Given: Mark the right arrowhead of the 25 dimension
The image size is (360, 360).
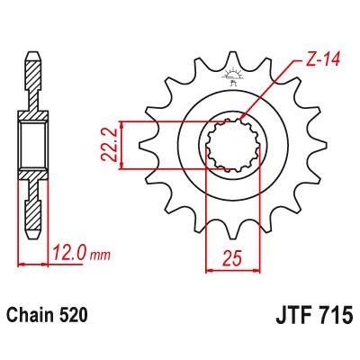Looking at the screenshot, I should pos(254,267).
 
